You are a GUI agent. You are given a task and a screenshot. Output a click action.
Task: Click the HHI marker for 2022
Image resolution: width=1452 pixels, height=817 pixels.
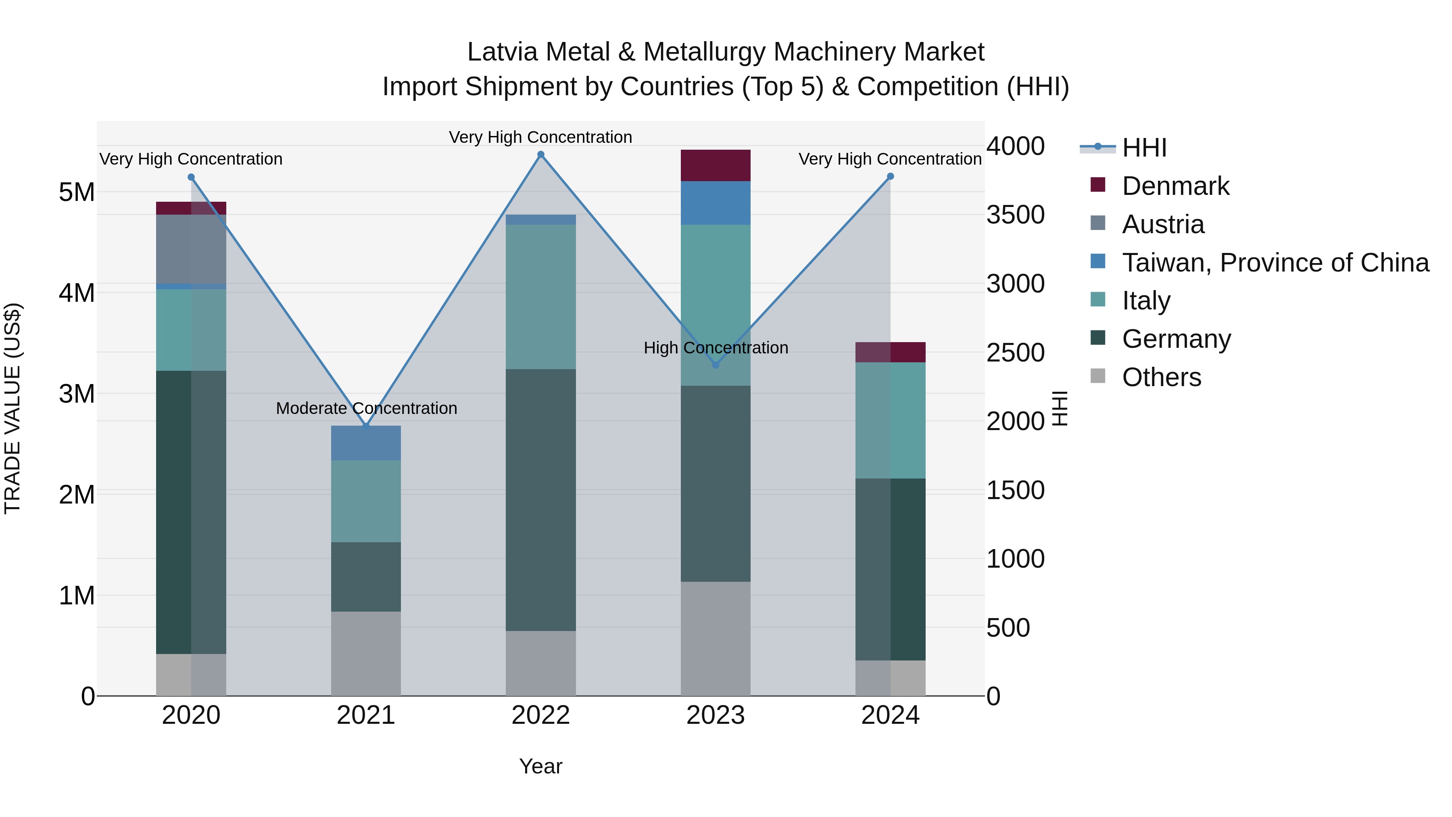pyautogui.click(x=540, y=155)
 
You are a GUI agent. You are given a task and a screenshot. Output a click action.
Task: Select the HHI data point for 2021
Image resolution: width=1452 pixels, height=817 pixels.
pyautogui.click(x=366, y=426)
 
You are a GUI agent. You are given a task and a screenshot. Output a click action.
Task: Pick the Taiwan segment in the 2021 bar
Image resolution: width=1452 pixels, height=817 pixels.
pyautogui.click(x=366, y=443)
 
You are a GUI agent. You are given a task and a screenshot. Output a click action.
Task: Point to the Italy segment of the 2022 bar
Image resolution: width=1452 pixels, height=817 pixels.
pyautogui.click(x=540, y=297)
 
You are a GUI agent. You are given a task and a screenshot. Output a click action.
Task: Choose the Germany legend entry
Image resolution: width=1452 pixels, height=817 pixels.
pyautogui.click(x=1176, y=339)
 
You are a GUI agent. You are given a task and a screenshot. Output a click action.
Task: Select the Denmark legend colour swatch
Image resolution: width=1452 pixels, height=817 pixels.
pyautogui.click(x=1098, y=185)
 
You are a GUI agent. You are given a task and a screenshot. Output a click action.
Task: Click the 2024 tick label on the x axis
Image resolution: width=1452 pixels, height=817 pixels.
pyautogui.click(x=890, y=715)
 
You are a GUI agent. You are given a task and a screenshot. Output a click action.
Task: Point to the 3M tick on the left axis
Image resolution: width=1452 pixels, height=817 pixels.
pyautogui.click(x=77, y=393)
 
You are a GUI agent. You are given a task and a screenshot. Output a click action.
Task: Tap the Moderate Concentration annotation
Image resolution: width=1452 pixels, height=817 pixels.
pyautogui.click(x=366, y=408)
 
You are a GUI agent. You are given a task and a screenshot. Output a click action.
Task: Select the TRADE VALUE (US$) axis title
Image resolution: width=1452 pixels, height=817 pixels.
pyautogui.click(x=13, y=408)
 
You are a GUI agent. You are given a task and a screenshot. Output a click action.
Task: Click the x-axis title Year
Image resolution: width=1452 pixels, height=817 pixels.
pyautogui.click(x=540, y=766)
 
